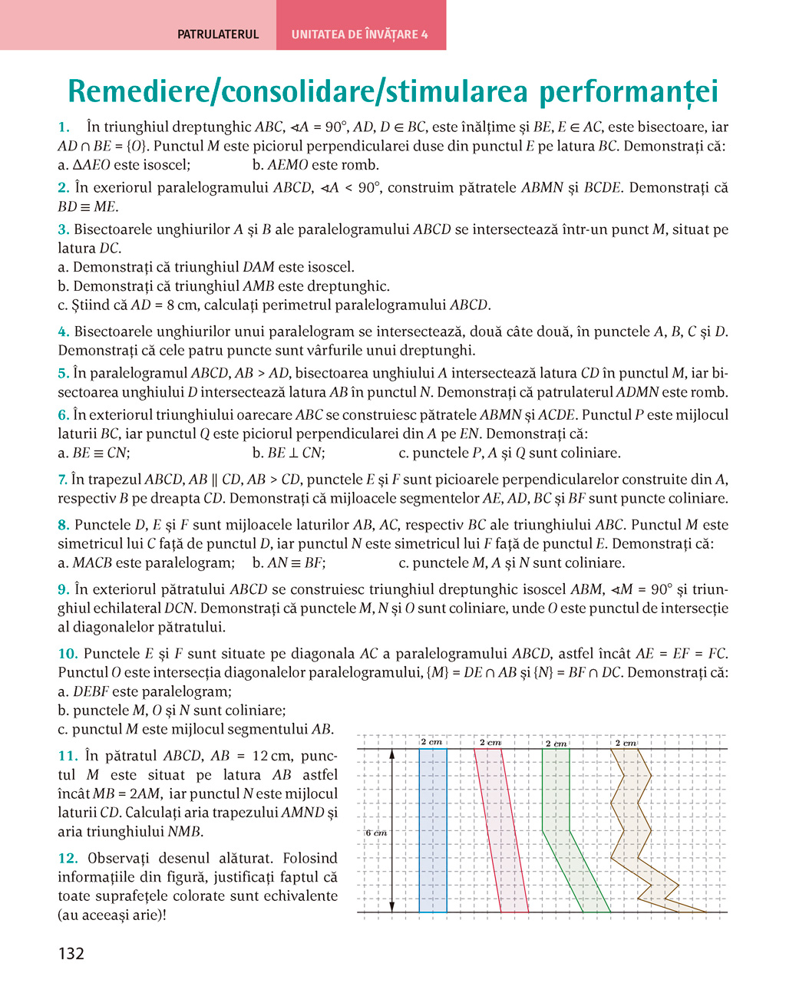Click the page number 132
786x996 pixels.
(x=71, y=954)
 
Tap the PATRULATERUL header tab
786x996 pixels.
(x=218, y=35)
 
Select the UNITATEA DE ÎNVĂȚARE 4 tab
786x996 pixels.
(x=360, y=35)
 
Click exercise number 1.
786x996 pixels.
(x=64, y=127)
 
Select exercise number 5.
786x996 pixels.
(x=64, y=374)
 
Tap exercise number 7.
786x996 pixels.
(x=63, y=480)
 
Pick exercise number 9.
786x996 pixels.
(x=64, y=590)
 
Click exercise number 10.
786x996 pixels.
(x=68, y=655)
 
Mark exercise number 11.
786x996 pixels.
(x=68, y=757)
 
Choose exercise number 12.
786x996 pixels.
(x=68, y=859)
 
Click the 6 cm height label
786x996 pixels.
(x=376, y=833)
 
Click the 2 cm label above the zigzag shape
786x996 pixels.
(x=626, y=743)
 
